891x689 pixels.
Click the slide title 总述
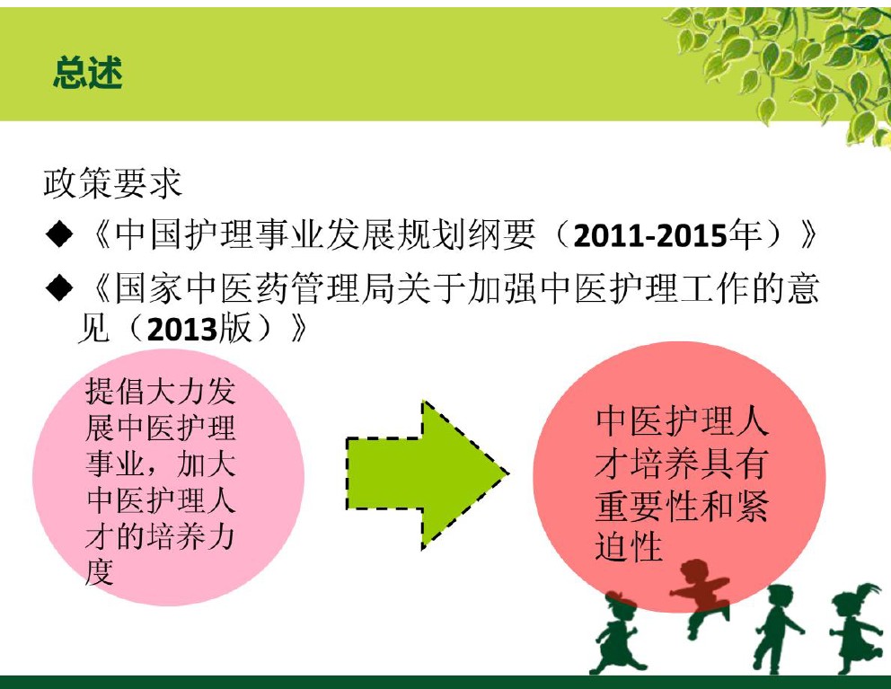88,73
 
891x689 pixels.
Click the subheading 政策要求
112,183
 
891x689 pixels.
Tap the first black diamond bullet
59,235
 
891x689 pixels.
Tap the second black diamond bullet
59,288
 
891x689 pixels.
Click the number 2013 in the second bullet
181,330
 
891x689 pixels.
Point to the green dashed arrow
428,474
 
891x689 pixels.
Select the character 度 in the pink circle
100,572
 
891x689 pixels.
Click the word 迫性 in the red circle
629,546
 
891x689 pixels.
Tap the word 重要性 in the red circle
647,505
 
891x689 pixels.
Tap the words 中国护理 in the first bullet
183,235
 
